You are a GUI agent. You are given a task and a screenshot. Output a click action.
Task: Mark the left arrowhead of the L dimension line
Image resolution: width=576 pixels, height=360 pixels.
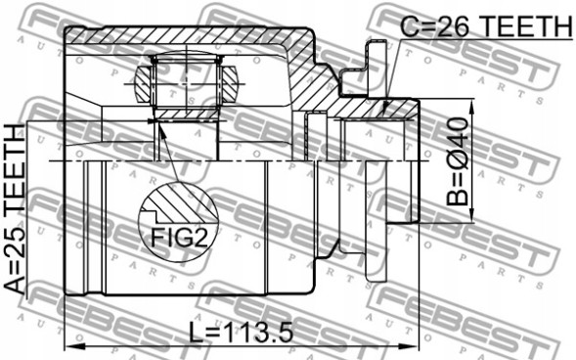pyautogui.click(x=69, y=346)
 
